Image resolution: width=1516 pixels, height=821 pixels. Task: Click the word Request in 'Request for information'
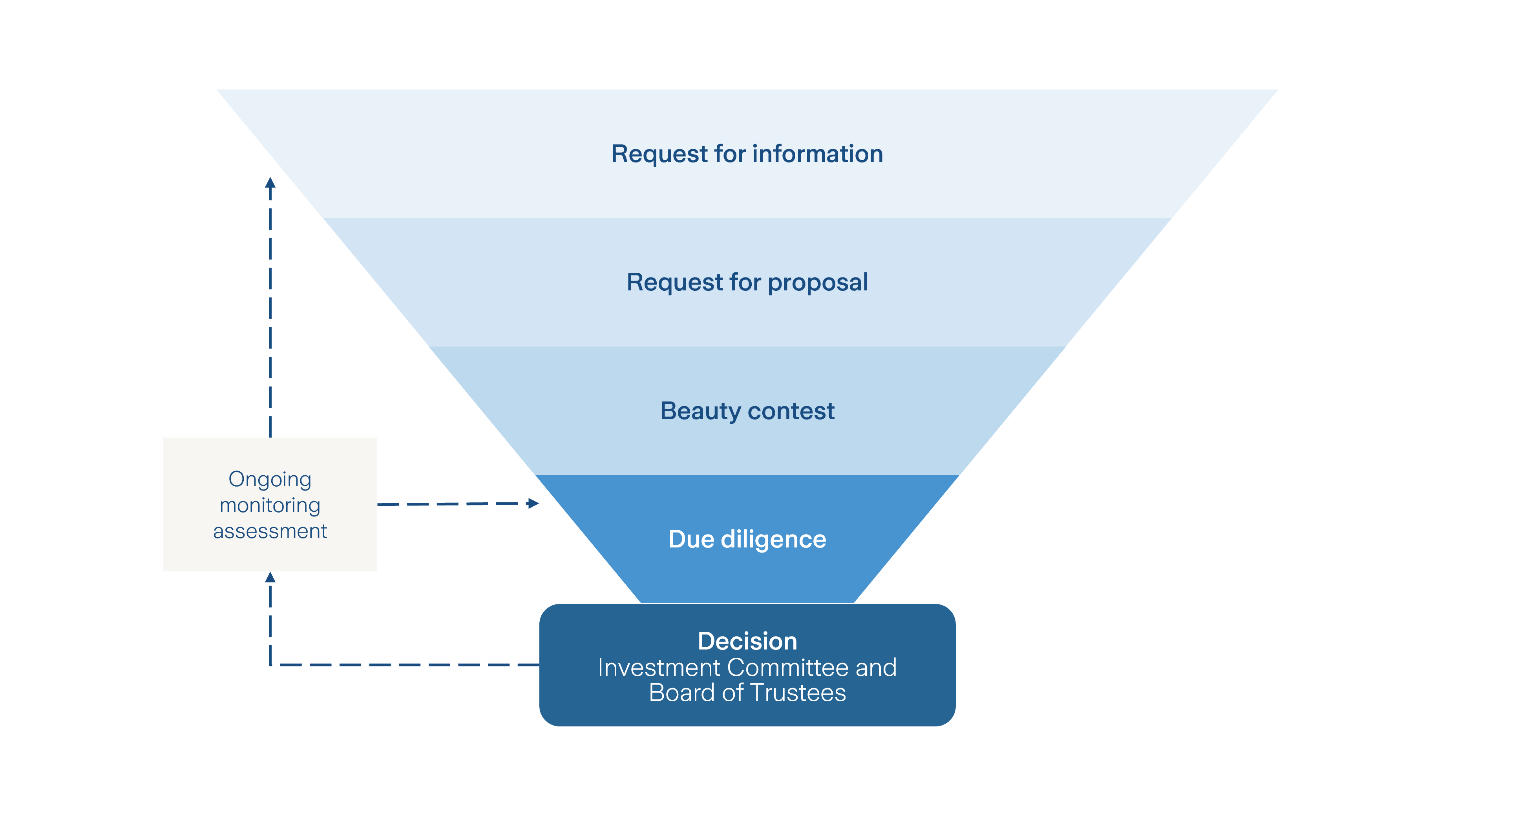(x=659, y=154)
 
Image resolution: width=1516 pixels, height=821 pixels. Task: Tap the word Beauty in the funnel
(x=700, y=411)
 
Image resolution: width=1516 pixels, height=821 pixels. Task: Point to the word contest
(x=791, y=411)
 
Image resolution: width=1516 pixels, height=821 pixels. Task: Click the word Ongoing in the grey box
(x=270, y=480)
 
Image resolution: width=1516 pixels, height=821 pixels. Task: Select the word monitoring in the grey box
(x=270, y=505)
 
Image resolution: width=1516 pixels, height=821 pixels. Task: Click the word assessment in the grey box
(x=270, y=531)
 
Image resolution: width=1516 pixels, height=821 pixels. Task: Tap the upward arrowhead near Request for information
(x=270, y=182)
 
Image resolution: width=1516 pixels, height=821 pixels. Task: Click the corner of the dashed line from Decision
(x=270, y=665)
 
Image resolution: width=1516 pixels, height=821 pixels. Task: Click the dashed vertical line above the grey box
(x=270, y=312)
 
